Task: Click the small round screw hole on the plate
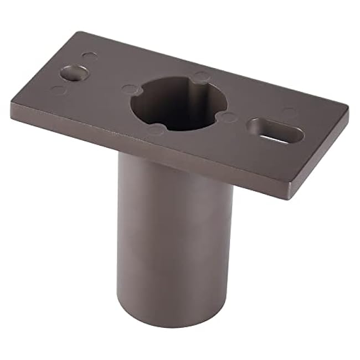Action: pyautogui.click(x=74, y=72)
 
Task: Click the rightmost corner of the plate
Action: pyautogui.click(x=348, y=108)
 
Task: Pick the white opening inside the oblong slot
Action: pyautogui.click(x=280, y=134)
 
